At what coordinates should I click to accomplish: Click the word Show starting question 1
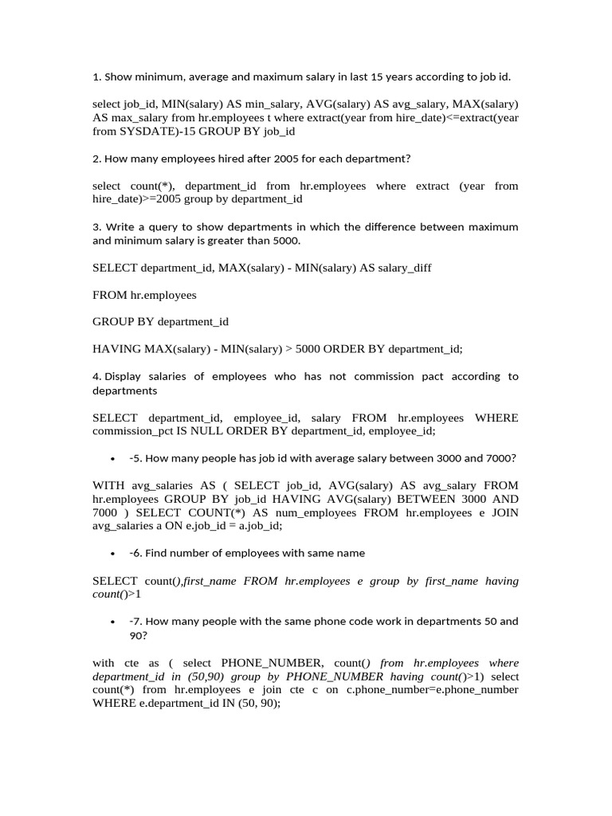point(120,77)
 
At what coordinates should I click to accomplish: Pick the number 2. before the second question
point(97,159)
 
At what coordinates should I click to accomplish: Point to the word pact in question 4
point(430,376)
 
